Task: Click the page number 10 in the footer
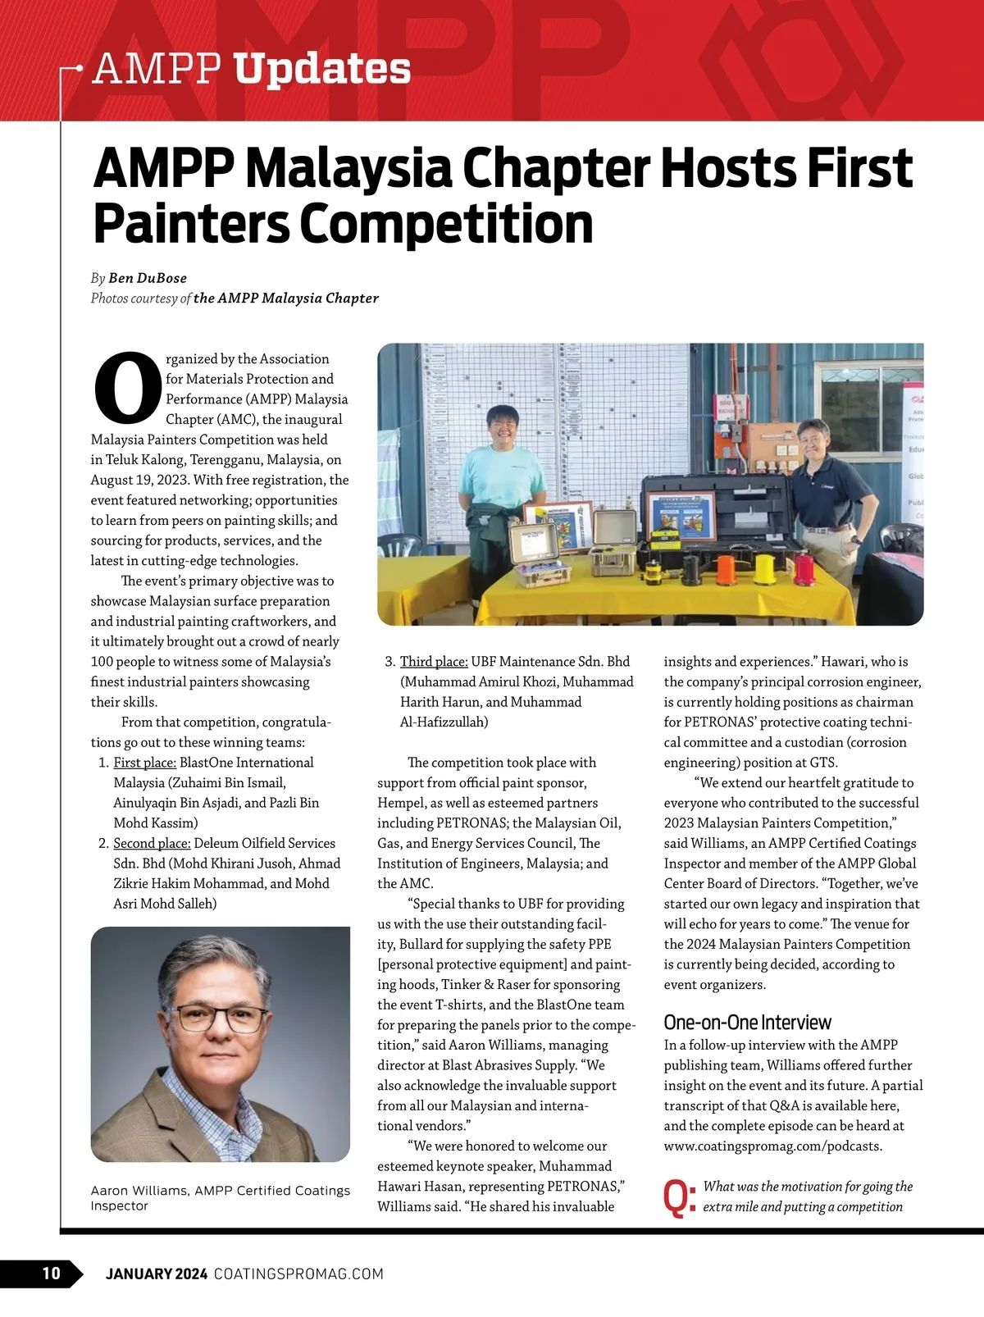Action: coord(51,1273)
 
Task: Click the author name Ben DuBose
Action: coord(148,278)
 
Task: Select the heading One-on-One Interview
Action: coord(747,1022)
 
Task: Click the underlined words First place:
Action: coord(144,763)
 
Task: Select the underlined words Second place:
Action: coord(152,843)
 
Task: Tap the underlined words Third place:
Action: coord(434,662)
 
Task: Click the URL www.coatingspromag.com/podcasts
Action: coord(773,1146)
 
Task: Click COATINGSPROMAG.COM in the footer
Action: coord(298,1274)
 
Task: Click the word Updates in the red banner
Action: coord(322,69)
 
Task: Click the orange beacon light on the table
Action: coord(727,568)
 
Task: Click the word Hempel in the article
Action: coord(402,803)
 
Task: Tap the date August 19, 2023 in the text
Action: coord(139,480)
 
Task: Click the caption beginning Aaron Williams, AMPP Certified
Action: coord(220,1197)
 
